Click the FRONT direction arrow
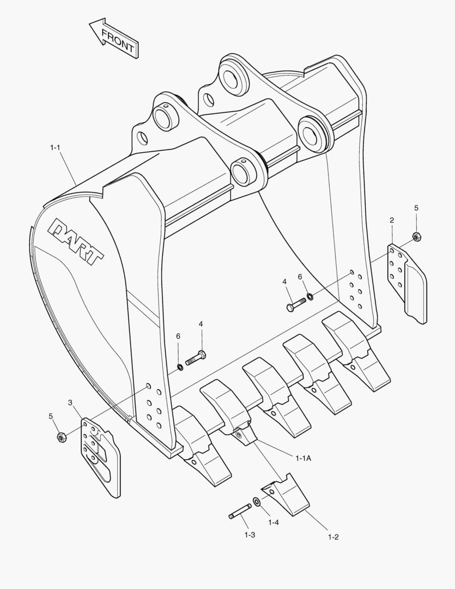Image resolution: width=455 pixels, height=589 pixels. coord(114,39)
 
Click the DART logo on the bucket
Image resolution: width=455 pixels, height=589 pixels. coord(77,241)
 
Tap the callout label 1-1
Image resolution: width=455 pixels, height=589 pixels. coord(55,147)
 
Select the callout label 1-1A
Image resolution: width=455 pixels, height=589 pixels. coord(304,458)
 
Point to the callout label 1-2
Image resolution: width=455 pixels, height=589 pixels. coord(333,537)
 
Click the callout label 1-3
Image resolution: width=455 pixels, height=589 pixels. coord(250,535)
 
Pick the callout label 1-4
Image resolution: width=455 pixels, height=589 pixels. coord(274,522)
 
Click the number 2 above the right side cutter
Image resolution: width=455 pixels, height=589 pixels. coord(392,220)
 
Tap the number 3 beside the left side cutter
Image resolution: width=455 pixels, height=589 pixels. coord(70,402)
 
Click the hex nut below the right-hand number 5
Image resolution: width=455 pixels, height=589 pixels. coord(416,237)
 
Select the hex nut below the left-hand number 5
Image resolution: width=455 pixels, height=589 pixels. coord(62,436)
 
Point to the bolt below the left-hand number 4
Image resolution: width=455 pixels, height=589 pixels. coord(196,358)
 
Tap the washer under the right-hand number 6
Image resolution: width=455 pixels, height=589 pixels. coord(310,296)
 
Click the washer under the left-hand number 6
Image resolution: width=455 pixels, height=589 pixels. coord(180,366)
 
